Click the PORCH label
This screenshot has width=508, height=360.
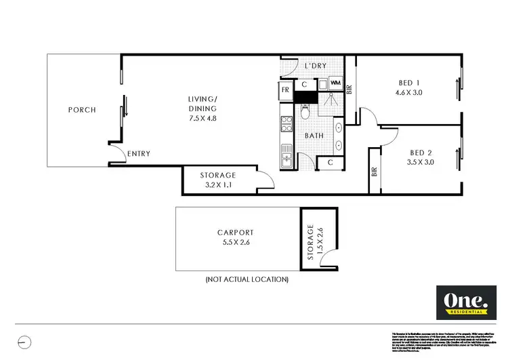[x=82, y=110]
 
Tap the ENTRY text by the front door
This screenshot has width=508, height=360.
[x=139, y=154]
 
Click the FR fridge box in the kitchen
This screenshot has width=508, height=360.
[x=286, y=89]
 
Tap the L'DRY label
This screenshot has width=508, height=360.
[x=316, y=65]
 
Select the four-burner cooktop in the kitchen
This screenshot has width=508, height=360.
[x=287, y=123]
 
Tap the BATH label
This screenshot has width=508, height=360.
[x=314, y=136]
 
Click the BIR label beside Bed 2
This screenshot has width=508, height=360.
[x=373, y=172]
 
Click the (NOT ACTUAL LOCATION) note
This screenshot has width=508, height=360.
[x=247, y=279]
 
